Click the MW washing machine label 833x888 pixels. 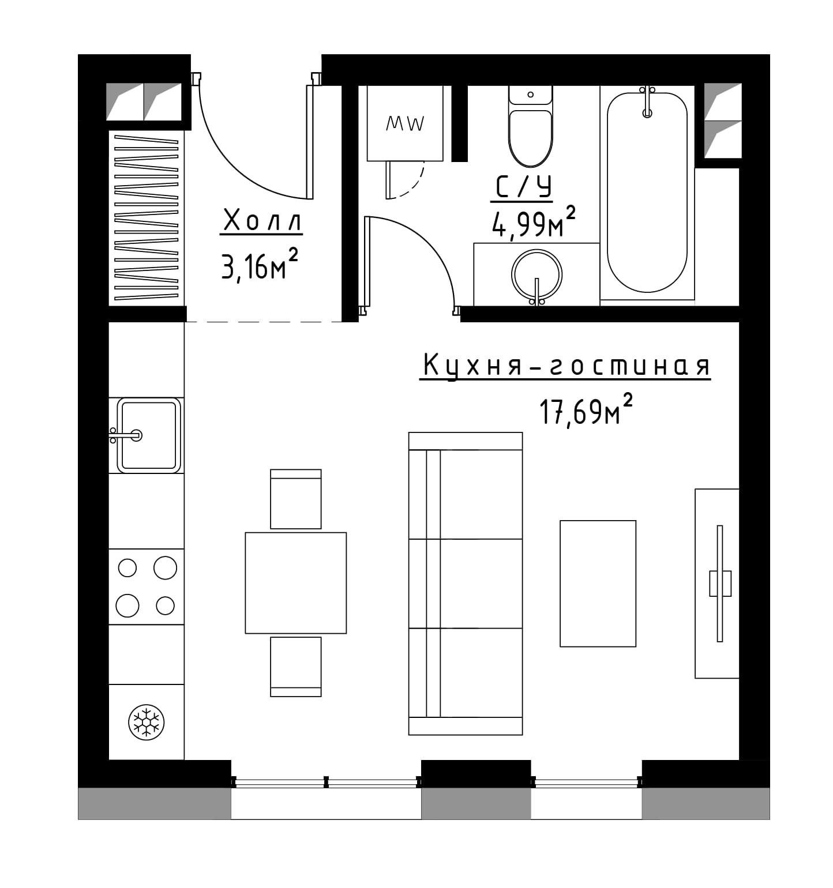click(405, 123)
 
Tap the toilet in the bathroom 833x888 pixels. click(530, 126)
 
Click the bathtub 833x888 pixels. click(647, 193)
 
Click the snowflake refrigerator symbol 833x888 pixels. click(146, 721)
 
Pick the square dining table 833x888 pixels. click(296, 583)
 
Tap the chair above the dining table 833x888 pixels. click(296, 499)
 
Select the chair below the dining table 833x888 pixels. click(296, 667)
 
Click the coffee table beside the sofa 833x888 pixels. click(598, 584)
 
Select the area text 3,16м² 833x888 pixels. click(260, 265)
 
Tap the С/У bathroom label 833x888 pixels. click(522, 187)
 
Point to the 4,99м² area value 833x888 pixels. click(533, 223)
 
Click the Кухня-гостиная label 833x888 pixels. click(565, 366)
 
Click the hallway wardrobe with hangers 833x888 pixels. click(147, 218)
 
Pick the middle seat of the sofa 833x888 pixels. click(466, 584)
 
